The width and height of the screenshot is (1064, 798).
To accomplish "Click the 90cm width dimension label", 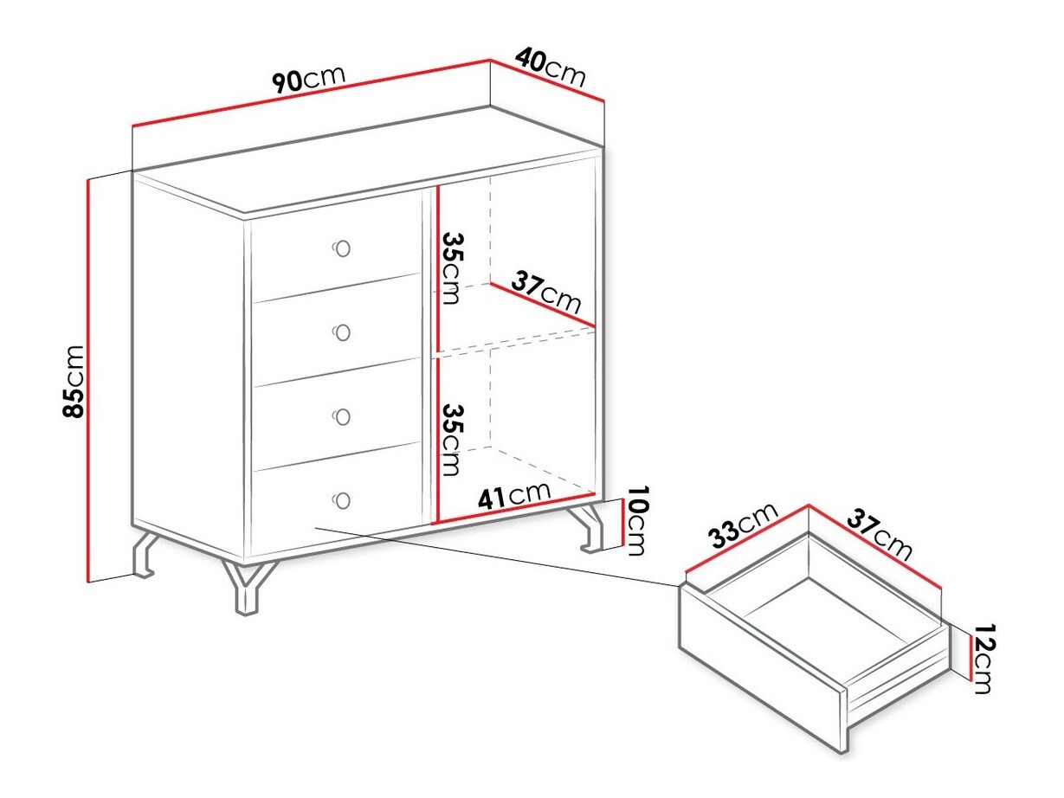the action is (x=309, y=79).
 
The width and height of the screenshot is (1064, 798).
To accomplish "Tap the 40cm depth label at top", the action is (x=551, y=67).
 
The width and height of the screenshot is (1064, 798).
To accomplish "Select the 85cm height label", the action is (x=74, y=381).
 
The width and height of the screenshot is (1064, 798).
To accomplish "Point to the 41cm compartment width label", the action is (x=514, y=495).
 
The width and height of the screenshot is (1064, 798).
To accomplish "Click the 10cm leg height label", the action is (x=636, y=520).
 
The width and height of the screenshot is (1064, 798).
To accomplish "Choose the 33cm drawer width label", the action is (x=743, y=525).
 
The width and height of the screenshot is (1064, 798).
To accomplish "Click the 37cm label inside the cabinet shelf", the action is (x=545, y=293).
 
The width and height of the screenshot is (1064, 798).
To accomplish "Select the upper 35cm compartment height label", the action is (x=453, y=268).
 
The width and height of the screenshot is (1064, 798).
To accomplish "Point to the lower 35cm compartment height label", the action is (x=453, y=440).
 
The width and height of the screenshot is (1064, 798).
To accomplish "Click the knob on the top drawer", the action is (x=341, y=248).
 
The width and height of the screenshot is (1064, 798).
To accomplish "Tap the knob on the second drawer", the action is (x=341, y=332).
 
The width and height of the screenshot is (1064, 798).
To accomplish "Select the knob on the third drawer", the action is (x=341, y=416).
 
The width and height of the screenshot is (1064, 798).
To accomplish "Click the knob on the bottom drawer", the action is (x=341, y=500).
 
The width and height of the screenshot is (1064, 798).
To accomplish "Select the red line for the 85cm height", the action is (x=88, y=381).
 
